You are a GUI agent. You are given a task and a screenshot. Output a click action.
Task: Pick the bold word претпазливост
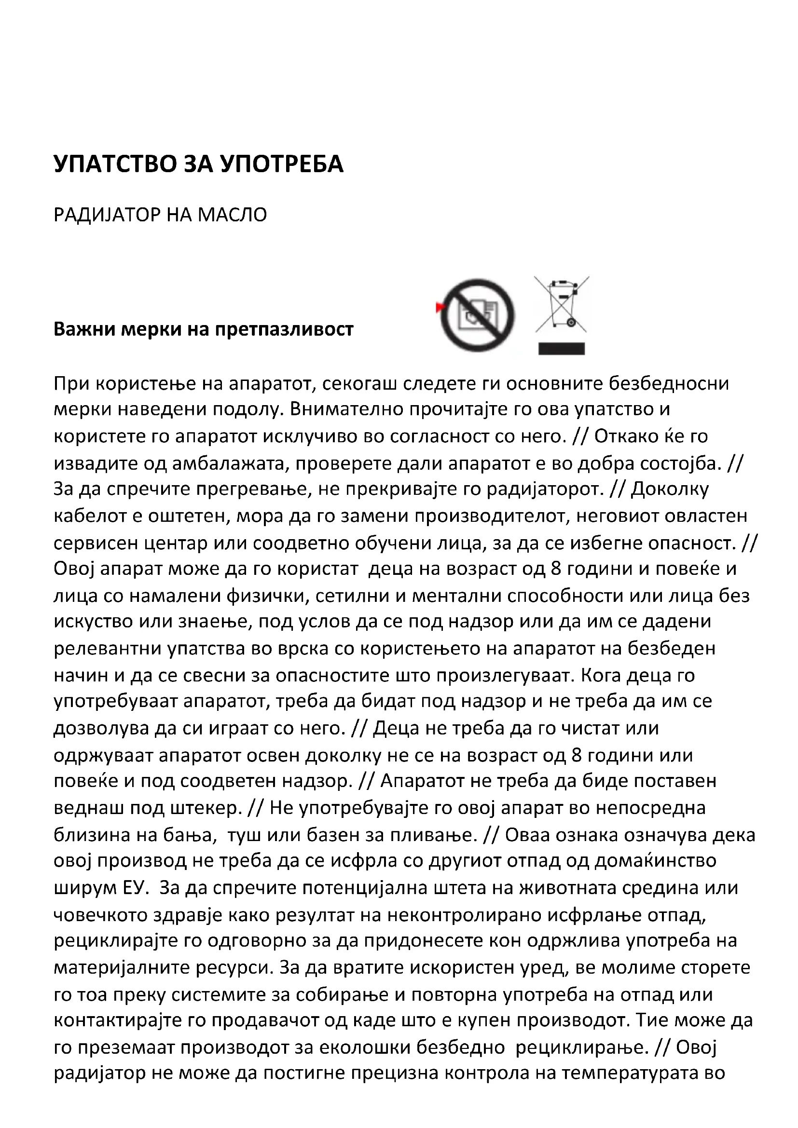pyautogui.click(x=285, y=329)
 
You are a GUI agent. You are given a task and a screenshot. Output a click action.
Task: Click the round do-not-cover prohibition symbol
pyautogui.click(x=478, y=315)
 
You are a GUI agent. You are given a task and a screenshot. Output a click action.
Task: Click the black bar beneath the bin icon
pyautogui.click(x=561, y=348)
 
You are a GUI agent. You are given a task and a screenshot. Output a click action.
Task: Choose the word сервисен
pyautogui.click(x=90, y=543)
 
